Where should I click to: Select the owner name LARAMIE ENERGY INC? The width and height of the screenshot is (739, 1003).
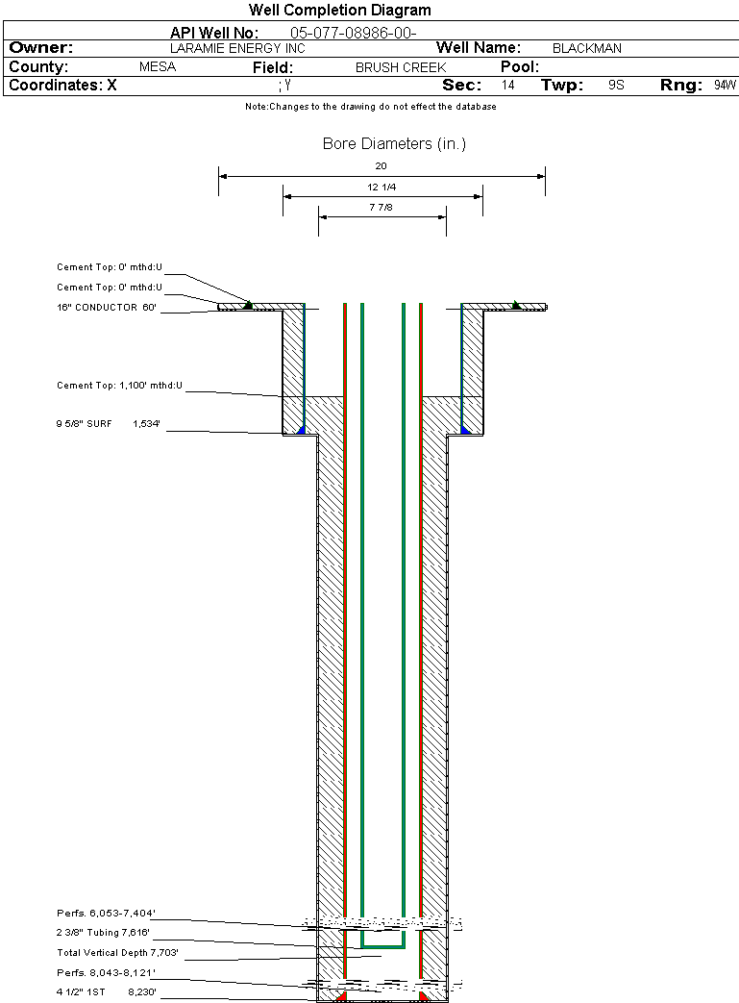pyautogui.click(x=237, y=48)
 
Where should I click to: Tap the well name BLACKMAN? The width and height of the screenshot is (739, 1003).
pyautogui.click(x=587, y=48)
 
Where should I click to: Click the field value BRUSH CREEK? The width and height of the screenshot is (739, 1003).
pyautogui.click(x=401, y=68)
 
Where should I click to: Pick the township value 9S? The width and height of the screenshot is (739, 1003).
pyautogui.click(x=616, y=86)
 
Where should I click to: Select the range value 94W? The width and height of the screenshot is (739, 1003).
pyautogui.click(x=725, y=86)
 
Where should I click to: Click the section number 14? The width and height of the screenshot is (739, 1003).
pyautogui.click(x=508, y=86)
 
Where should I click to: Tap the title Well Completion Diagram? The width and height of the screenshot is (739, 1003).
pyautogui.click(x=340, y=11)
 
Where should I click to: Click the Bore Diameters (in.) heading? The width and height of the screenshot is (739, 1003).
pyautogui.click(x=394, y=144)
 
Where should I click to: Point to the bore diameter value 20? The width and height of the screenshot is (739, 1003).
pyautogui.click(x=382, y=165)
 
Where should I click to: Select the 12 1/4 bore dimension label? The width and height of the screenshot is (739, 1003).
pyautogui.click(x=382, y=187)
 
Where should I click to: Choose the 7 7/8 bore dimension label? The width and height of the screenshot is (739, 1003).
pyautogui.click(x=382, y=207)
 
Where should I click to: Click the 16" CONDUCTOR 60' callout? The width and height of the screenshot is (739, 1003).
pyautogui.click(x=107, y=308)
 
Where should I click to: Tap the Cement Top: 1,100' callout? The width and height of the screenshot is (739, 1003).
pyautogui.click(x=119, y=386)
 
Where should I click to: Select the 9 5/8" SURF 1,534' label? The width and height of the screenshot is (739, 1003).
pyautogui.click(x=107, y=423)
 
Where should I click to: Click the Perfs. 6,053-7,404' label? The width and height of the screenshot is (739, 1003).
pyautogui.click(x=106, y=913)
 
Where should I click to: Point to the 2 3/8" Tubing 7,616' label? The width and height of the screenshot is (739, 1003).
pyautogui.click(x=103, y=933)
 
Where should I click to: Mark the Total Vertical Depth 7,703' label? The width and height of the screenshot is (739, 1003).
pyautogui.click(x=118, y=953)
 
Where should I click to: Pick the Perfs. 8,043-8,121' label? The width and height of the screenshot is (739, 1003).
pyautogui.click(x=106, y=973)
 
